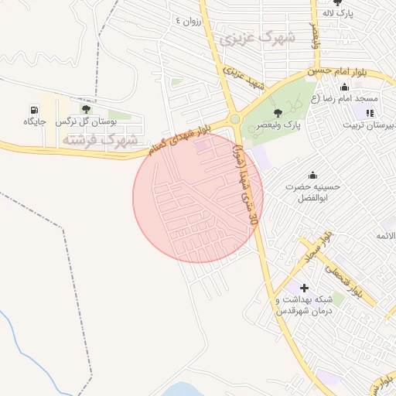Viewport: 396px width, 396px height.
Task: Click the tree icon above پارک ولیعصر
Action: (278, 113)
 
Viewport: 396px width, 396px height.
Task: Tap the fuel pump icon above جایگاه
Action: (36, 109)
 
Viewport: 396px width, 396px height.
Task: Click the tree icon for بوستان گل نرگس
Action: (85, 109)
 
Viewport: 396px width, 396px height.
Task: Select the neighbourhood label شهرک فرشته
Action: (98, 139)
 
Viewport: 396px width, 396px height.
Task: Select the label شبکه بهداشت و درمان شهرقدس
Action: (305, 305)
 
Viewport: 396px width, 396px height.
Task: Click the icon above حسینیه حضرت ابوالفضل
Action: (312, 175)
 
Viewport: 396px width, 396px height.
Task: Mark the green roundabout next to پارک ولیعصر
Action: (233, 119)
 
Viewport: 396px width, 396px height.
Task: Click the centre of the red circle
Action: (198, 197)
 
